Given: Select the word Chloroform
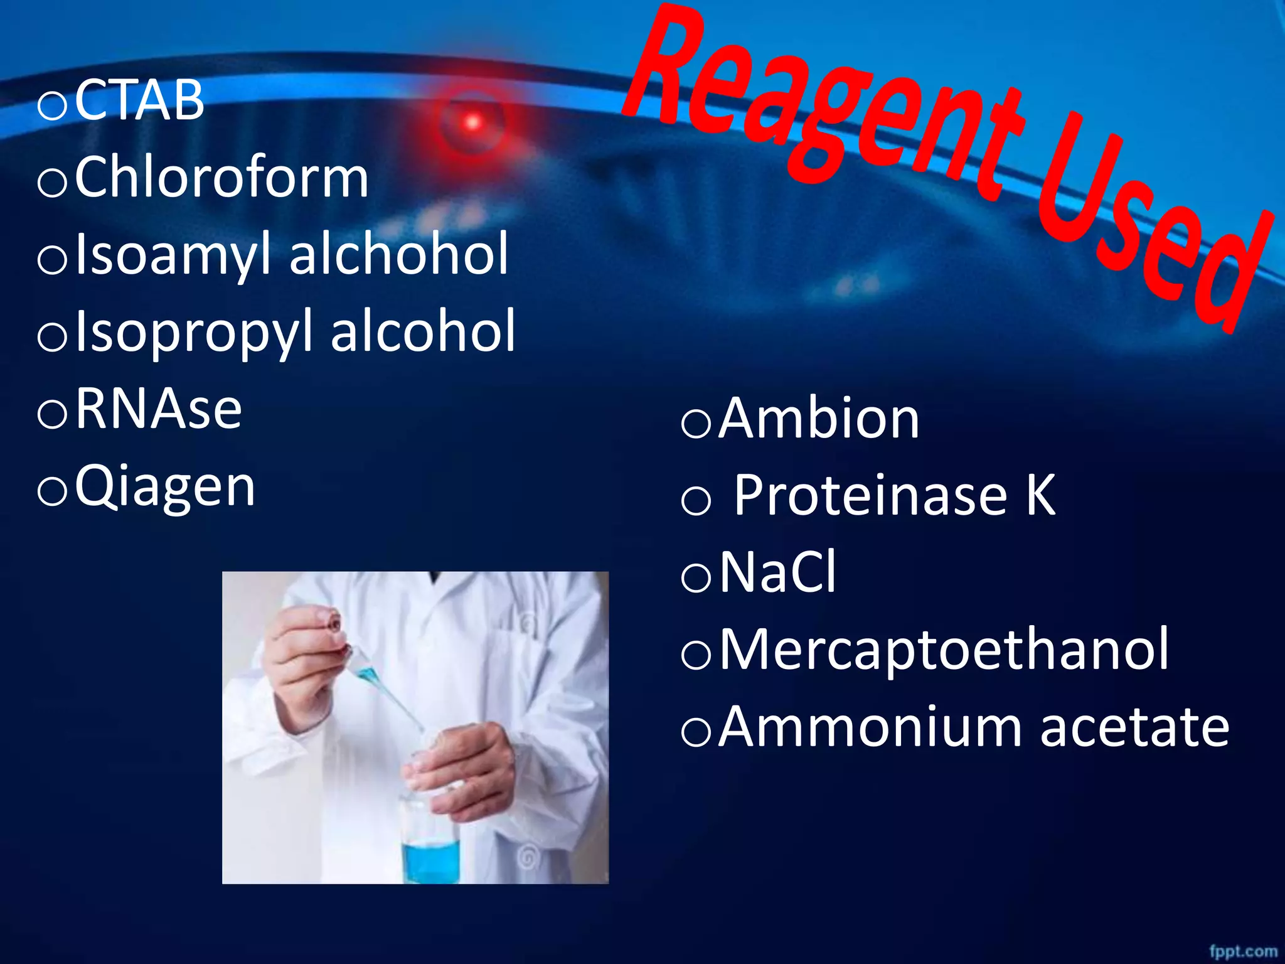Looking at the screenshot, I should tap(221, 178).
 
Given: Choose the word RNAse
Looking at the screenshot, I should tap(159, 409).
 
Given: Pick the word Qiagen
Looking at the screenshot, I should tap(165, 488).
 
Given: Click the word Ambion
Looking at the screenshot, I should tap(819, 419).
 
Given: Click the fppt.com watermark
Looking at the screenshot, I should tap(1243, 951).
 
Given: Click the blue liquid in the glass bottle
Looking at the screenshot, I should tap(430, 862).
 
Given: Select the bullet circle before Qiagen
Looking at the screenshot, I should tap(52, 491).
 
